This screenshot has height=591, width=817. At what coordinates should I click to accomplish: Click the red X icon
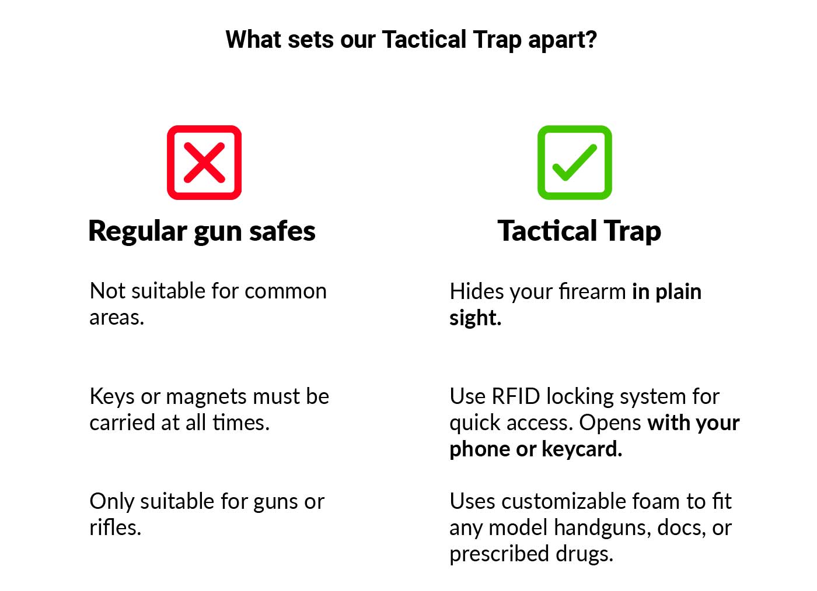coord(204,163)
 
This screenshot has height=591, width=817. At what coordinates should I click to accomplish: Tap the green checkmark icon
coord(575,163)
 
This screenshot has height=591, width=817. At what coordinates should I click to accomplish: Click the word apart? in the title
coord(562,40)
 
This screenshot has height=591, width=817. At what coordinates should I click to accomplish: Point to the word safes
coord(282,231)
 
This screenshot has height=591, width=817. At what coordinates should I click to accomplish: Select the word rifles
coord(115,527)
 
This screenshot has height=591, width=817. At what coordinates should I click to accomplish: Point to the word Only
coord(111,501)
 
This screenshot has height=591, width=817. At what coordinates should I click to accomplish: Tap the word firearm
coord(592,291)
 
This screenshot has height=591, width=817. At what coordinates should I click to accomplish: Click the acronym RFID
coord(516,396)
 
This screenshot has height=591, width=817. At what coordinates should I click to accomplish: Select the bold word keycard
coord(582,449)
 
